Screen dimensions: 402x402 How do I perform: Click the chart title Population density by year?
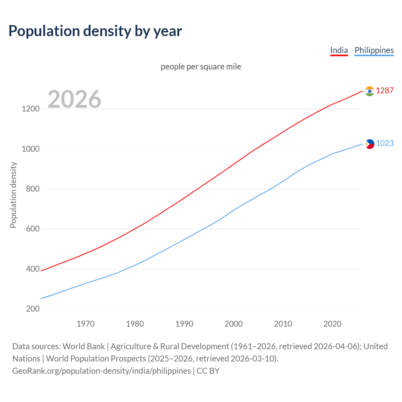[x=95, y=31]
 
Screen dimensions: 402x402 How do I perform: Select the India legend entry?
[x=339, y=50]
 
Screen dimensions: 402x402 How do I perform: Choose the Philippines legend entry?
[x=374, y=50]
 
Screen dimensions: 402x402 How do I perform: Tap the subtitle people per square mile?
[x=201, y=67]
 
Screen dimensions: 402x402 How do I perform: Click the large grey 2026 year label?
[x=74, y=99]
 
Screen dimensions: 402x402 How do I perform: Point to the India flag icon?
[x=370, y=91]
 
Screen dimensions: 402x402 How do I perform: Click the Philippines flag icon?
[x=370, y=144]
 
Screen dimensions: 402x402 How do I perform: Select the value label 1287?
[x=385, y=90]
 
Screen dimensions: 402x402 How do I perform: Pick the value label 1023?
[x=385, y=143]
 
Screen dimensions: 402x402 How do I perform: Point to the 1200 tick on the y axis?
[x=30, y=109]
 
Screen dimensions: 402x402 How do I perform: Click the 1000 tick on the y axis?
[x=30, y=149]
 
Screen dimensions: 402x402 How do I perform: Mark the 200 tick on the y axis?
[x=33, y=309]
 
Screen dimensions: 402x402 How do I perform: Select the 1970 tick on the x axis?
[x=85, y=324]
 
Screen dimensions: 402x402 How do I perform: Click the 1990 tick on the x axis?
[x=184, y=324]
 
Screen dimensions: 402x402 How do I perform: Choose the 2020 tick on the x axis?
[x=332, y=324]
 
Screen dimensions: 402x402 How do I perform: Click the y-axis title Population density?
[x=13, y=195]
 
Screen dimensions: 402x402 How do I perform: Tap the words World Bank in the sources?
[x=84, y=346]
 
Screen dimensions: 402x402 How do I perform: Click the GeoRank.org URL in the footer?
[x=101, y=371]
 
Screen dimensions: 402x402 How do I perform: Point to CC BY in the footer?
[x=208, y=371]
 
